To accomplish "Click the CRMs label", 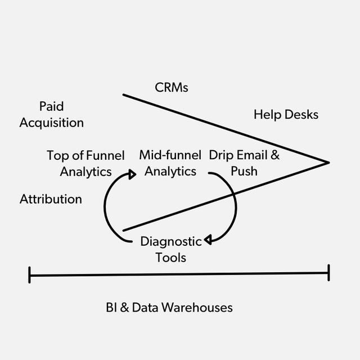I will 171,88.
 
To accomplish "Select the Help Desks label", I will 286,115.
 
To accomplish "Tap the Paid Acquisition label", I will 51,114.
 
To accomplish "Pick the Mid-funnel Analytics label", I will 170,163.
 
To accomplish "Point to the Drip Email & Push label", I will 244,163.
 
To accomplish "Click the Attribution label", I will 51,199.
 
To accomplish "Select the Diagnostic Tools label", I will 170,250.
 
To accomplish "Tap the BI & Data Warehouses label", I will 169,308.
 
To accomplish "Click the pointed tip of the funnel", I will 328,163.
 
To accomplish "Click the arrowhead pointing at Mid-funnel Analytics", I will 132,174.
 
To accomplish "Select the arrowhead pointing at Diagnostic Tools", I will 207,240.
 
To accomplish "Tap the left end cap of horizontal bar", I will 29,275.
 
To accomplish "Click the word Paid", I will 51,106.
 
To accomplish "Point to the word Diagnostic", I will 170,242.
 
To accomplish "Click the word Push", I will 244,171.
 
